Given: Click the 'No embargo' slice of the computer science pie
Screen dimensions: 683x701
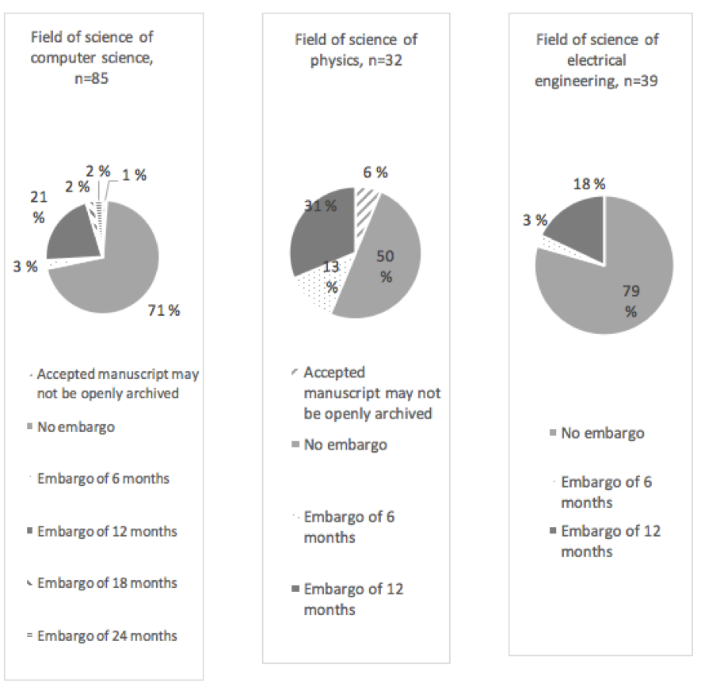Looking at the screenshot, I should [x=119, y=269].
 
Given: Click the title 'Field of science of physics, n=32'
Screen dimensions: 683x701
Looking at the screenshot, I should [x=356, y=48].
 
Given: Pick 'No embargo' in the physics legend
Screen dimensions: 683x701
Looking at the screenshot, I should [x=346, y=445].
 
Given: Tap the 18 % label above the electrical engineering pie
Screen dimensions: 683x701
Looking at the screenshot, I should [x=588, y=184].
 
